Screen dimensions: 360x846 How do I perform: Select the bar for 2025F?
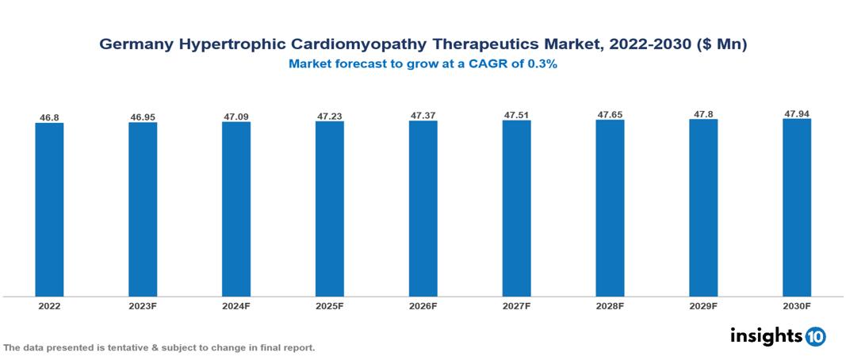[x=329, y=209]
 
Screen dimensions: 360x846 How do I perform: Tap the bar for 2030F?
[x=796, y=208]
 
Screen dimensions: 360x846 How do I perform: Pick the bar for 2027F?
[x=516, y=209]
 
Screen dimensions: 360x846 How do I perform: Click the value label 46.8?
[x=49, y=117]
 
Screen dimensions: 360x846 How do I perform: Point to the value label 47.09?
[x=236, y=117]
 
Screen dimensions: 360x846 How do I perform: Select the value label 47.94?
[x=796, y=114]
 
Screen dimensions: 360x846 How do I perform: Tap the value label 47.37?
[x=423, y=116]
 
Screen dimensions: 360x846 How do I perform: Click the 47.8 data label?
[x=703, y=115]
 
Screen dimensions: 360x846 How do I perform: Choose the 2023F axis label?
[x=143, y=306]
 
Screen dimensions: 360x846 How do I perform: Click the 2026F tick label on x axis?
[x=423, y=306]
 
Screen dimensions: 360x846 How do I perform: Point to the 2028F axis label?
[x=610, y=306]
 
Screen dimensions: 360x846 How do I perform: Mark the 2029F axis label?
[x=703, y=306]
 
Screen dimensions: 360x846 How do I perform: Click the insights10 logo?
[x=777, y=336]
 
